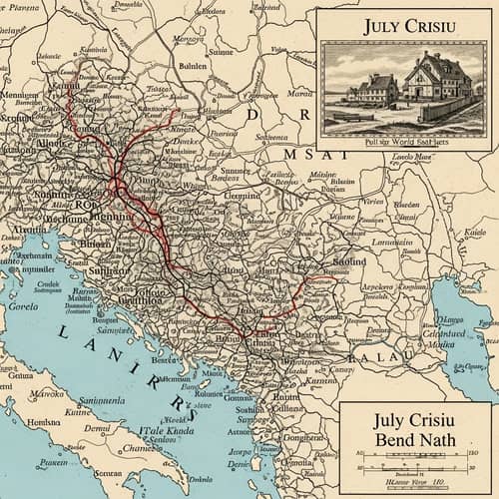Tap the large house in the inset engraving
pos(437,81)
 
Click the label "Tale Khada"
pos(166,430)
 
